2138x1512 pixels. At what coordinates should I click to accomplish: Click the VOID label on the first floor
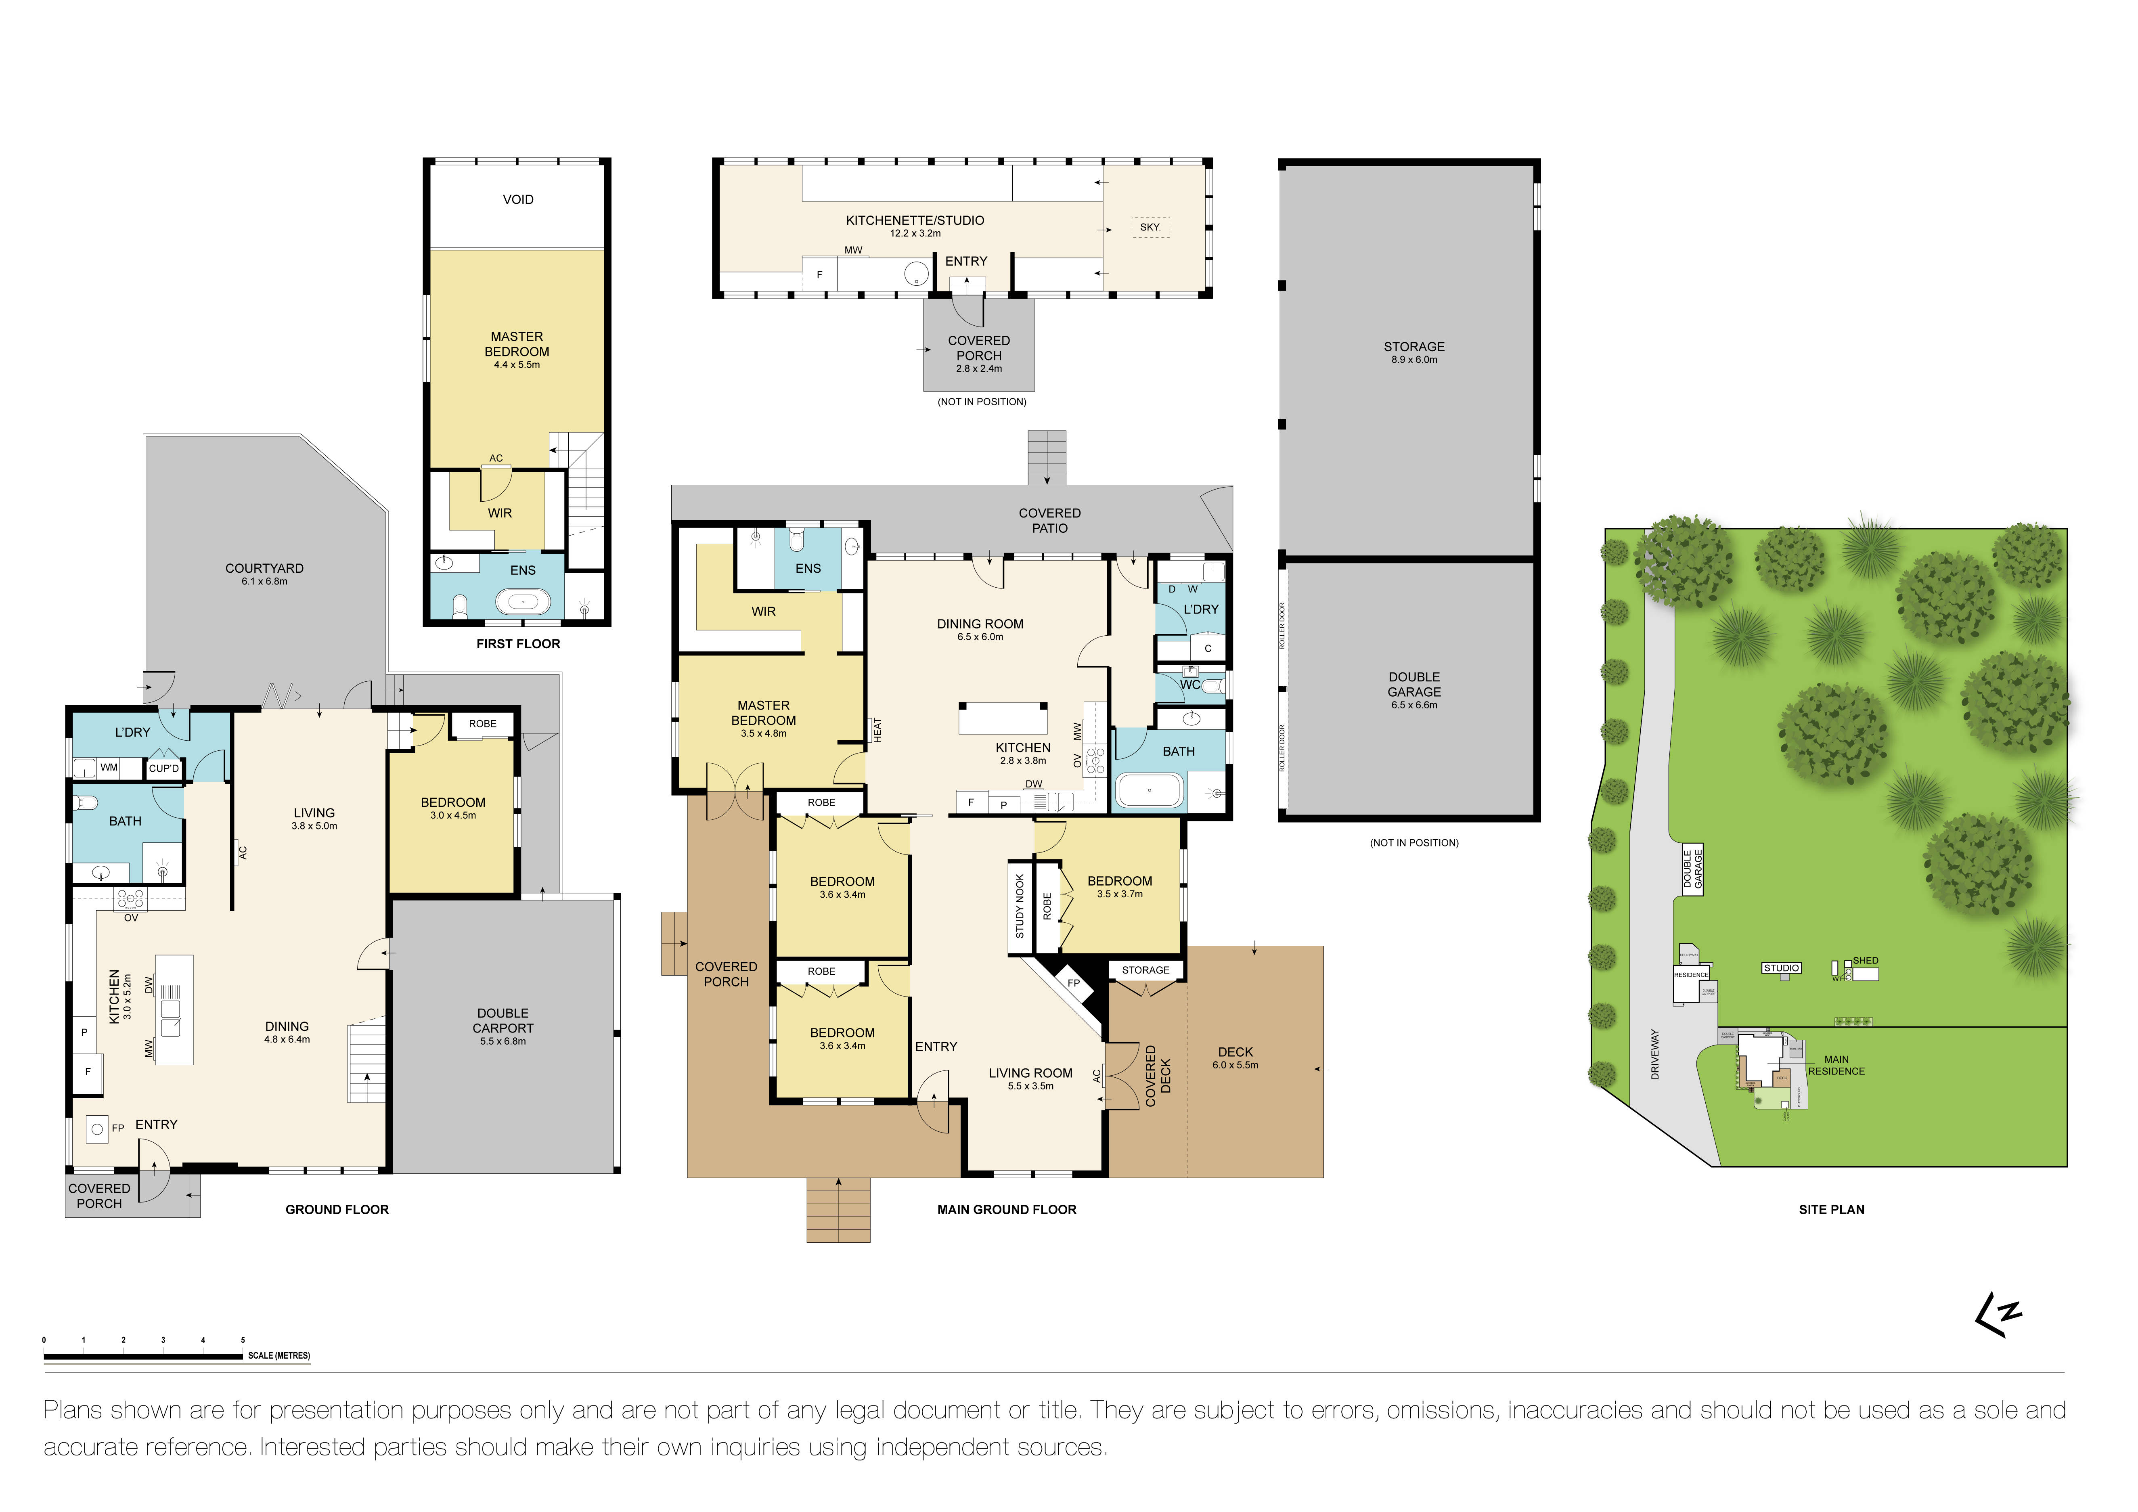[518, 199]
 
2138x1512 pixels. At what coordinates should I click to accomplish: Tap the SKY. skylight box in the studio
[1150, 227]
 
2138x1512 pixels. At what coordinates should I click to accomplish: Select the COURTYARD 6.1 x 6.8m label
[264, 574]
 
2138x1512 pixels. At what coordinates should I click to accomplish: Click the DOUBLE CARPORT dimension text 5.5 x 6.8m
[503, 1041]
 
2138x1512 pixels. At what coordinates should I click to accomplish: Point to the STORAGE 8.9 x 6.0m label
[1413, 352]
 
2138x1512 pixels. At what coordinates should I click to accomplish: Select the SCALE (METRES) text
[279, 1355]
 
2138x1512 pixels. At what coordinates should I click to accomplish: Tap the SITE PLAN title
[1831, 1209]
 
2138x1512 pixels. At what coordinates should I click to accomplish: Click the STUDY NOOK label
[1020, 906]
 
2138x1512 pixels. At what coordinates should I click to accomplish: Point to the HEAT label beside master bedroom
[877, 730]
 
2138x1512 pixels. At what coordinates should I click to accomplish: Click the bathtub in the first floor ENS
[522, 601]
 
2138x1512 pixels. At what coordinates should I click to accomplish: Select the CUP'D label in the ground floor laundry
[164, 768]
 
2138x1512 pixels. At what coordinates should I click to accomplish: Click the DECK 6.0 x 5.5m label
[1235, 1058]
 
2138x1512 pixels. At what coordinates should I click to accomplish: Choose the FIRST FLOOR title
[518, 643]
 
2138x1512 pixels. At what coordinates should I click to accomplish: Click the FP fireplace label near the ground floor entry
[117, 1127]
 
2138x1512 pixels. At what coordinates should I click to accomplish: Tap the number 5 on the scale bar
[243, 1340]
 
